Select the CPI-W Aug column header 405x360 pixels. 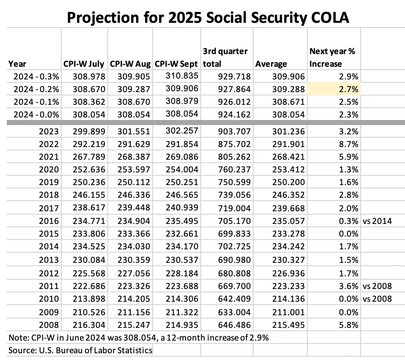coord(131,64)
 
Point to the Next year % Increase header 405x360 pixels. coord(332,57)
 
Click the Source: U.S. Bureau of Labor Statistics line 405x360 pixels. coord(80,350)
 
